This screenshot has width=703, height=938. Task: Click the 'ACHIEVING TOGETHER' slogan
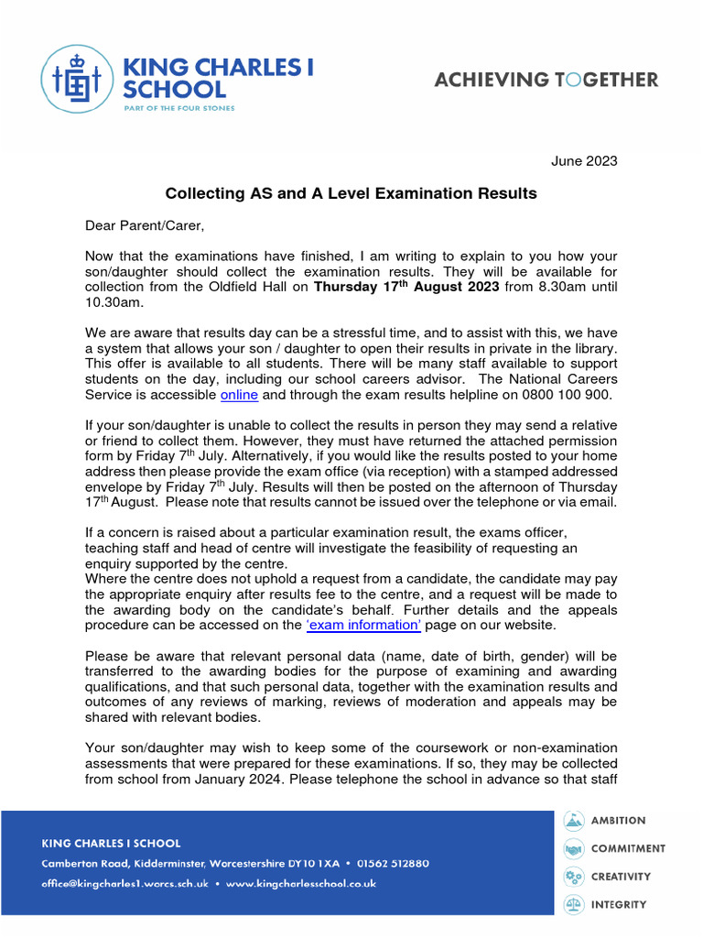click(x=546, y=80)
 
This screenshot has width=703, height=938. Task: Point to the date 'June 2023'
click(x=584, y=161)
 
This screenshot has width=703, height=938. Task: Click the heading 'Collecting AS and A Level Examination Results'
click(x=351, y=193)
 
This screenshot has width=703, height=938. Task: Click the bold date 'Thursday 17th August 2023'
click(x=406, y=288)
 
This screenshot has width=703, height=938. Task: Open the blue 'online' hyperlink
click(x=240, y=395)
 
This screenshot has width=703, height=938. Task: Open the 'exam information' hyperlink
click(x=364, y=626)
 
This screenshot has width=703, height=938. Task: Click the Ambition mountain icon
click(x=573, y=821)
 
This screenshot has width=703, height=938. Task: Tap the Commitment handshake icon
click(x=573, y=848)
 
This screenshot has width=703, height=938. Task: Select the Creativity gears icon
click(x=573, y=877)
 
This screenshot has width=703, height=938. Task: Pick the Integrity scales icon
click(x=573, y=904)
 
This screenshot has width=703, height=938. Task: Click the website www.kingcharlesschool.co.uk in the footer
click(x=301, y=884)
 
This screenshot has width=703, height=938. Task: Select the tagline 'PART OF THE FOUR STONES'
click(x=178, y=108)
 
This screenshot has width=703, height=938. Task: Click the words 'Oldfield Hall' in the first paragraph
click(x=262, y=288)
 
